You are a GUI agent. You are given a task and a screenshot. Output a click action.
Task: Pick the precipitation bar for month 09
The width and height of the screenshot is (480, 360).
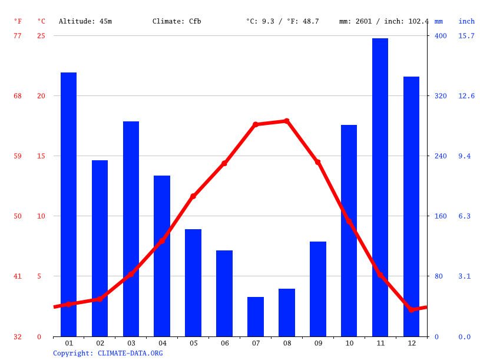[318, 289]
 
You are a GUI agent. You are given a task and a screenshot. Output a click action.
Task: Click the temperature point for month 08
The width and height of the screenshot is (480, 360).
[287, 121]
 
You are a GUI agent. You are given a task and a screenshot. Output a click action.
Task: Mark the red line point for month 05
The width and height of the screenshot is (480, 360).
[193, 196]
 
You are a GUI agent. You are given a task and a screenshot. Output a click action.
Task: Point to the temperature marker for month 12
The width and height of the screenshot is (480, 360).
[412, 309]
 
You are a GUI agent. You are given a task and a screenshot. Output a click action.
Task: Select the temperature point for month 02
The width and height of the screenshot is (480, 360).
[100, 299]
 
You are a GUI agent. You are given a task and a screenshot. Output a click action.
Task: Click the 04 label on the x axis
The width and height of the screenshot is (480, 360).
[162, 343]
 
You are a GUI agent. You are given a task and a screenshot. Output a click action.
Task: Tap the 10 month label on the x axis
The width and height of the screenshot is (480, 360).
[349, 343]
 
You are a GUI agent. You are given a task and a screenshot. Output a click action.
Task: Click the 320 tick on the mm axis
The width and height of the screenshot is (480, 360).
[441, 95]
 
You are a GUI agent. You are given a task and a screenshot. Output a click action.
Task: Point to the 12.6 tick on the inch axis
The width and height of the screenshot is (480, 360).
[466, 95]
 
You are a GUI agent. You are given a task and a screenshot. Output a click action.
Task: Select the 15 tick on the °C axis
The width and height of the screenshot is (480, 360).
[39, 156]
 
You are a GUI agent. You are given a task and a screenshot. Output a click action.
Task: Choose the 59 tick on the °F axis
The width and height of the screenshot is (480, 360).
[18, 156]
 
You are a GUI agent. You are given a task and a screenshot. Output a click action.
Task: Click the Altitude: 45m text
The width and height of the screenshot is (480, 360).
[85, 21]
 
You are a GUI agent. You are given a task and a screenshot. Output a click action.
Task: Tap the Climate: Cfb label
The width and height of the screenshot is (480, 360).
[177, 21]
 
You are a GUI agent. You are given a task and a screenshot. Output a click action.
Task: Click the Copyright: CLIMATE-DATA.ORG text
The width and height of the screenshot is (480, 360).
[108, 353]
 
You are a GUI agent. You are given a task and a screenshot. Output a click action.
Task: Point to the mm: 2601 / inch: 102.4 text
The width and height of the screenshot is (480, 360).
[384, 21]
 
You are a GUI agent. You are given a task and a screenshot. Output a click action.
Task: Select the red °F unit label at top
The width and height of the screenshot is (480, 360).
[18, 21]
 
